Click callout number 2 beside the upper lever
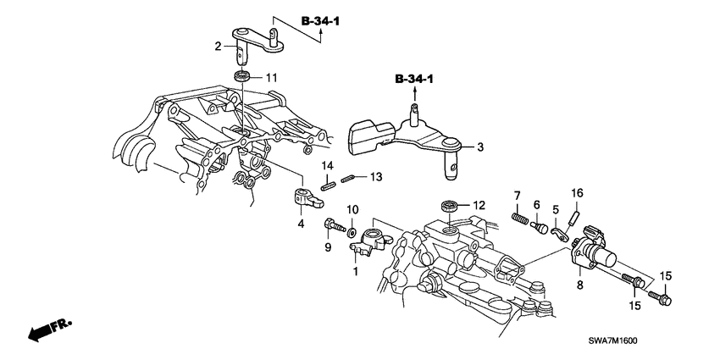point(217,47)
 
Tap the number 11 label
point(271,78)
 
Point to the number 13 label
point(376,177)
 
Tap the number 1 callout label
point(356,272)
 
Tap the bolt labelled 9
point(332,227)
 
